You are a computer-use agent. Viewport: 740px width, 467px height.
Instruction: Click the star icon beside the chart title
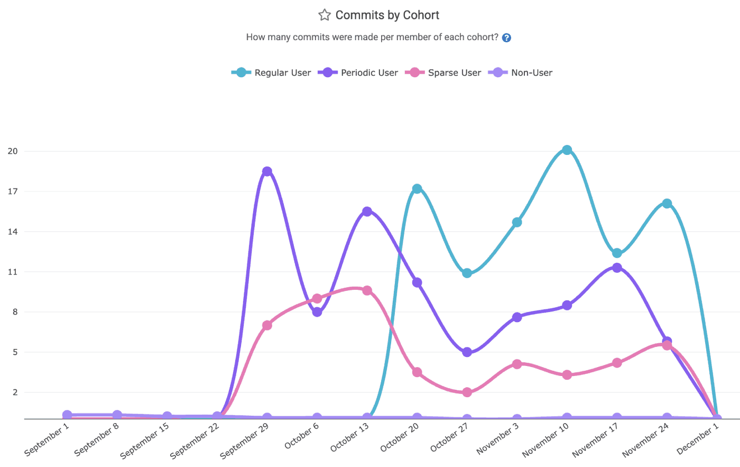[324, 15]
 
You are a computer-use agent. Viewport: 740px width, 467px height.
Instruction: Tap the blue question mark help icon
[506, 38]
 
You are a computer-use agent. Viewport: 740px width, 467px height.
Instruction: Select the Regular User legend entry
[272, 72]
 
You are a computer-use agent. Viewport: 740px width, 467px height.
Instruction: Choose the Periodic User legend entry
[358, 72]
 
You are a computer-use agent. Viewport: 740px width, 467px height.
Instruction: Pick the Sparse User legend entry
[444, 72]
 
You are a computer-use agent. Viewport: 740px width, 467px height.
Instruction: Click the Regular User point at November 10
[567, 150]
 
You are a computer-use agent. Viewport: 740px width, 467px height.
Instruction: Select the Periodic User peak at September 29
[267, 171]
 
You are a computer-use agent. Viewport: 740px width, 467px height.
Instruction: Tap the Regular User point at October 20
[417, 189]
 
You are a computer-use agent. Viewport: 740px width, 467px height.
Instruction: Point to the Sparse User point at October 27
[467, 392]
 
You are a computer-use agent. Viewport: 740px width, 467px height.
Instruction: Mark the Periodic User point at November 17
[617, 268]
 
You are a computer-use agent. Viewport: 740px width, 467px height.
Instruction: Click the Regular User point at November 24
[667, 204]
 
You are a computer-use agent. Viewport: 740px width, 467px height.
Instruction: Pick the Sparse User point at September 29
[267, 325]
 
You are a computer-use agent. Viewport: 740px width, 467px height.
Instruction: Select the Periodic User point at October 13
[367, 212]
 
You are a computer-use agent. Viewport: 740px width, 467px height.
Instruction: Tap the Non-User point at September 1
[67, 415]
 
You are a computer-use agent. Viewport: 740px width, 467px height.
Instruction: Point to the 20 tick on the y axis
[13, 151]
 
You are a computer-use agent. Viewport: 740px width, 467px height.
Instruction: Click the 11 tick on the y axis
[13, 272]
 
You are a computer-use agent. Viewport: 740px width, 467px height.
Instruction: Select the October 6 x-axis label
[302, 436]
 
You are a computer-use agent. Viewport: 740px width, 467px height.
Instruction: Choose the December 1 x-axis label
[698, 439]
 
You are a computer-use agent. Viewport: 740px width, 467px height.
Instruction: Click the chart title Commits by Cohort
[387, 15]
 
